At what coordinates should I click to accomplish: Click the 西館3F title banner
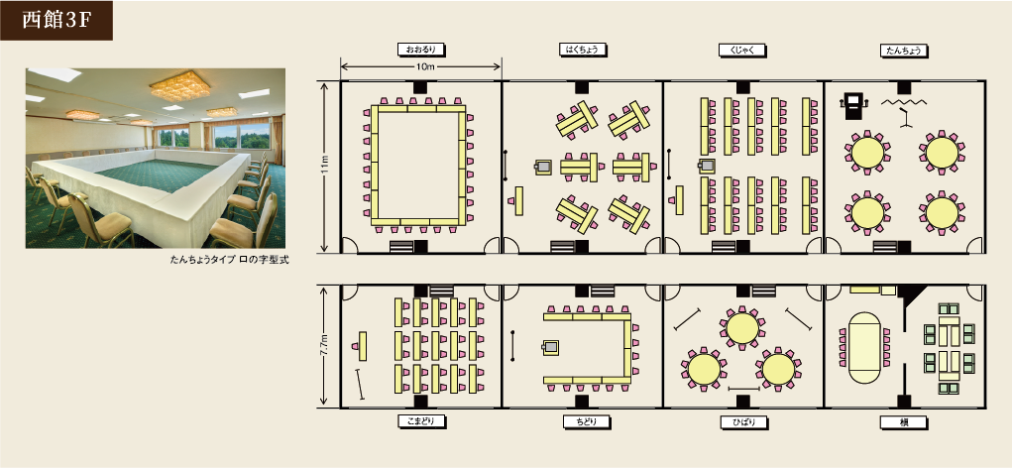56,21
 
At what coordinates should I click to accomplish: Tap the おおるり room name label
422,50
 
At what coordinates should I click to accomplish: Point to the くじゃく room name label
742,50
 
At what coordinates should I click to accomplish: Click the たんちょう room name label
904,50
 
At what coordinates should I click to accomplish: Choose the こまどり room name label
422,422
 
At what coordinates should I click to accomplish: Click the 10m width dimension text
421,66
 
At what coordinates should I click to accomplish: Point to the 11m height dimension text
325,166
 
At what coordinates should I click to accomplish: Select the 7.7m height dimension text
325,347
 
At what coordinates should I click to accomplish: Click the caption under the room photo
230,260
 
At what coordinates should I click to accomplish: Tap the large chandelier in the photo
180,85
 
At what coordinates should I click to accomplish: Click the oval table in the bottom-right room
864,349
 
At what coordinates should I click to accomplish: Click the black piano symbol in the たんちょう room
854,106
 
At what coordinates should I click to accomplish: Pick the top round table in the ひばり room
742,328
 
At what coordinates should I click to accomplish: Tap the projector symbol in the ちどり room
550,348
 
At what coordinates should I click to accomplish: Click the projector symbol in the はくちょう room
543,168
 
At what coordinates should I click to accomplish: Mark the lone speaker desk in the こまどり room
362,346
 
